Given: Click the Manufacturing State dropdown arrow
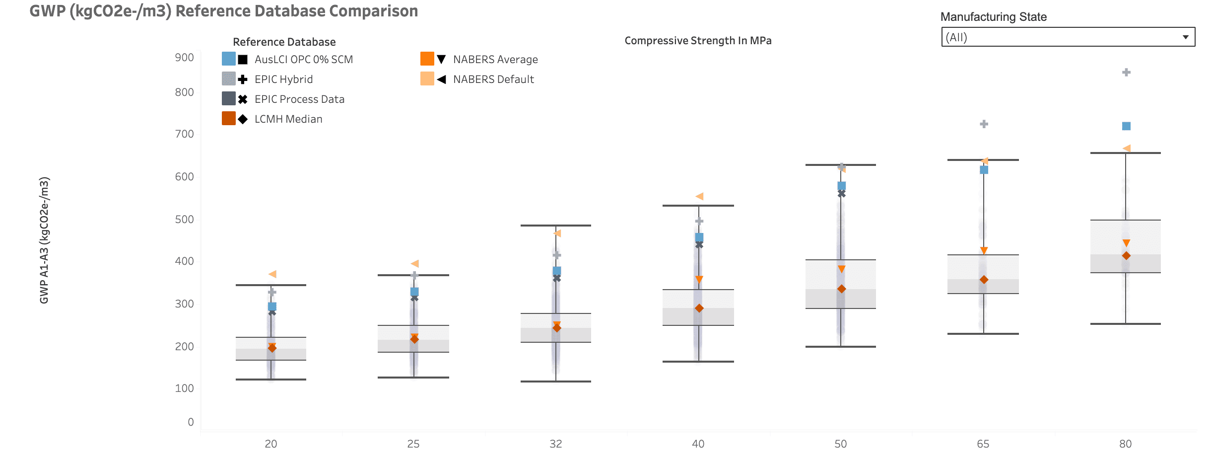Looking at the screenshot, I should click(x=1185, y=37).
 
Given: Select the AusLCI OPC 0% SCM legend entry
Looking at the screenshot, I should click(x=303, y=60).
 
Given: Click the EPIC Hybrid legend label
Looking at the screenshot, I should click(x=283, y=79).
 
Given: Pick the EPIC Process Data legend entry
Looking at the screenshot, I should click(x=299, y=99).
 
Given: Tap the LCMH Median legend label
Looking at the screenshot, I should click(x=288, y=119).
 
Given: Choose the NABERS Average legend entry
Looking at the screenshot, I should click(x=495, y=60).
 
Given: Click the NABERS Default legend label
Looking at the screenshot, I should click(x=493, y=79).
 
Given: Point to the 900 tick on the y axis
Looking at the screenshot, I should click(x=184, y=58).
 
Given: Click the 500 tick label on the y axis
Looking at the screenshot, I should click(x=184, y=220).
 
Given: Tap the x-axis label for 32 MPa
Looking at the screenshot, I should click(x=556, y=444).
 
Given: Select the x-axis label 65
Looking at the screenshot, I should click(x=983, y=444).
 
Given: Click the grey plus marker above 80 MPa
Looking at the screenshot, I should click(x=1126, y=73).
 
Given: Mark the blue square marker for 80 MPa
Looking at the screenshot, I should click(x=1126, y=126).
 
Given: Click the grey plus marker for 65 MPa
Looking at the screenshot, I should click(x=984, y=124).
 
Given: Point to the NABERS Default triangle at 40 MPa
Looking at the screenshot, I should click(x=699, y=197).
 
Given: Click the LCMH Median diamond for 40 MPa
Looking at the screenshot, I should click(x=699, y=308).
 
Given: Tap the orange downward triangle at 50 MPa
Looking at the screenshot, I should click(x=841, y=269).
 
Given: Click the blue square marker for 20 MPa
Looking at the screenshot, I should click(x=272, y=306).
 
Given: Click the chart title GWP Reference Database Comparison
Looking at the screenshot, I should click(x=223, y=11).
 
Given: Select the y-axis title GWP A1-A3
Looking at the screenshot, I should click(x=44, y=240).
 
